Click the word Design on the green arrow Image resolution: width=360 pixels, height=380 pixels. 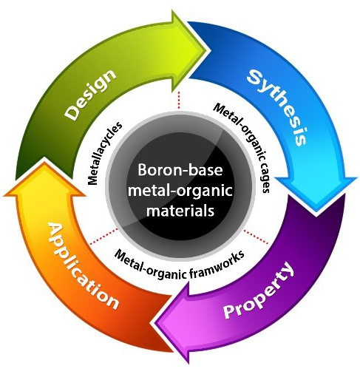point(90,95)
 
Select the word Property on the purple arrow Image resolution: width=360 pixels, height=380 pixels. point(259,290)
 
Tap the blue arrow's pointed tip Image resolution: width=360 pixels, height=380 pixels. point(316,212)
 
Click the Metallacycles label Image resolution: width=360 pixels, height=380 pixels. point(104,153)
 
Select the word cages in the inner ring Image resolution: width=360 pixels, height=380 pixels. point(265,177)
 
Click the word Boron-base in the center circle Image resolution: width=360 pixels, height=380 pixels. point(180,170)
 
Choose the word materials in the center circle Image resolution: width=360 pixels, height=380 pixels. point(180,211)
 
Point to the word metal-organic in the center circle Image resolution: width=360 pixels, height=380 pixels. point(180,191)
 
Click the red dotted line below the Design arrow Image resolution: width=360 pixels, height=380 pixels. point(179,100)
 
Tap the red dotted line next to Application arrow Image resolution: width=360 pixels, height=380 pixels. point(104,237)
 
